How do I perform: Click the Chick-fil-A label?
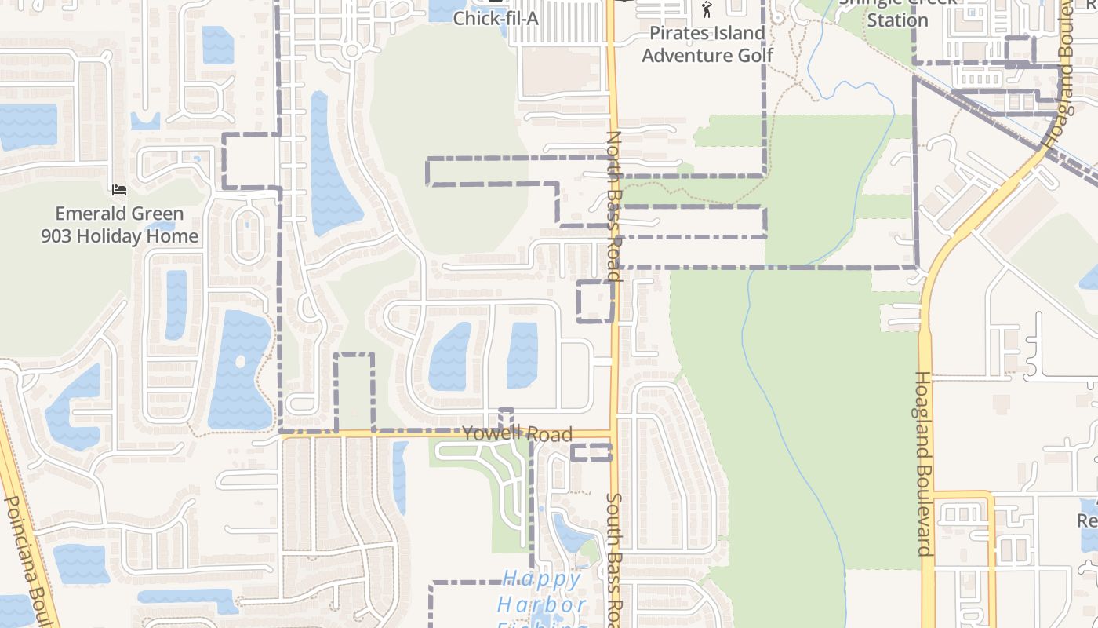[x=496, y=17]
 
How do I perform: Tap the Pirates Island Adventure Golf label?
[x=707, y=44]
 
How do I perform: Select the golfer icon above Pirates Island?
[x=707, y=9]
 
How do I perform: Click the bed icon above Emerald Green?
[x=119, y=189]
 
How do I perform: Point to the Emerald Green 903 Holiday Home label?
[x=119, y=225]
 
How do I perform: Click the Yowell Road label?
[x=517, y=434]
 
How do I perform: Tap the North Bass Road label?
[x=613, y=206]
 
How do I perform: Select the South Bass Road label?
[x=614, y=559]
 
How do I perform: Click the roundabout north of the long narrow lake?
[x=351, y=52]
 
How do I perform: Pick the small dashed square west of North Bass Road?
[x=595, y=301]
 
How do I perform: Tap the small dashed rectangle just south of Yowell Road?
[x=591, y=452]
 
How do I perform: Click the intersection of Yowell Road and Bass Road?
[x=613, y=433]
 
